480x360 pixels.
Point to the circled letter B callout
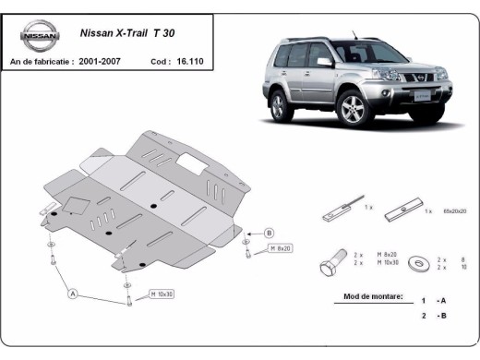pyautogui.click(x=269, y=233)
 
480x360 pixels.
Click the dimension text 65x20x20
pyautogui.click(x=453, y=211)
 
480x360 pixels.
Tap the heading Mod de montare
pyautogui.click(x=370, y=298)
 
